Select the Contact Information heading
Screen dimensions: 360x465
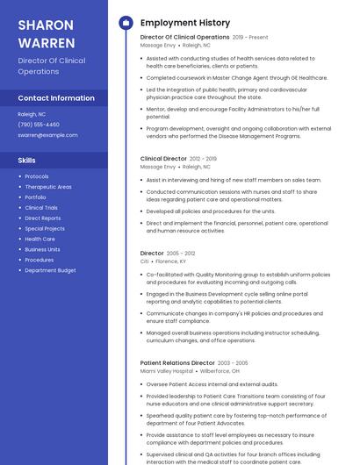(x=56, y=98)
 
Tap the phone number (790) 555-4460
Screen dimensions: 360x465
(x=39, y=125)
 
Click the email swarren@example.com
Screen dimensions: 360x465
(x=47, y=135)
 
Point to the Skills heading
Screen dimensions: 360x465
(x=27, y=161)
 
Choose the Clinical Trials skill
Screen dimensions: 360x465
(x=41, y=208)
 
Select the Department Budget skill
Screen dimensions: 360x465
(x=50, y=270)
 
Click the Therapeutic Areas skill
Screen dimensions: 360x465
(x=48, y=187)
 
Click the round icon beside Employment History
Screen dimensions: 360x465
(x=126, y=23)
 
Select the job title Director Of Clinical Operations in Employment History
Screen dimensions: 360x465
(x=184, y=38)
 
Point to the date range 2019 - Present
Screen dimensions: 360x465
(x=250, y=38)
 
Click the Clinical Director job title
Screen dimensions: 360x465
(x=163, y=159)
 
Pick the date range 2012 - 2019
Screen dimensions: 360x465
(x=203, y=159)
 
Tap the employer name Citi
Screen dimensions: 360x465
(x=145, y=261)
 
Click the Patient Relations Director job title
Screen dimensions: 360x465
(x=177, y=362)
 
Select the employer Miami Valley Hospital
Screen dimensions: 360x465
(x=166, y=370)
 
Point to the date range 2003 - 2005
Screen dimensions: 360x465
(x=233, y=362)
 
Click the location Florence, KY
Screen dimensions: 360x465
(x=171, y=261)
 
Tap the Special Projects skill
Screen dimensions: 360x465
(x=45, y=228)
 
